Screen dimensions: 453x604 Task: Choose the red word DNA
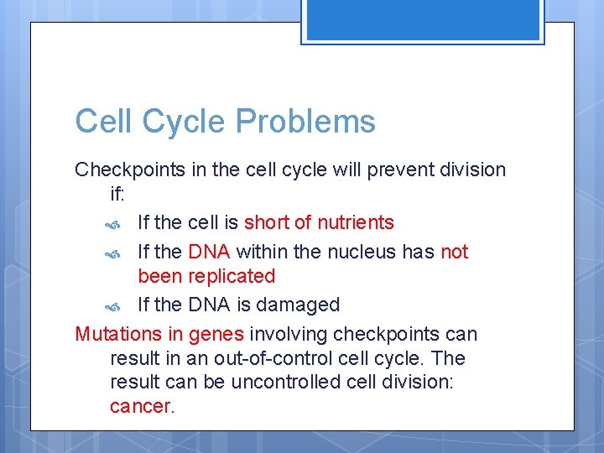[x=210, y=252]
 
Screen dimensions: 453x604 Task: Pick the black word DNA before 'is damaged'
[x=210, y=305]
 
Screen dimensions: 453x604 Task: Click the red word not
[x=454, y=252]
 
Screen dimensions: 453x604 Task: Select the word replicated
[x=232, y=276]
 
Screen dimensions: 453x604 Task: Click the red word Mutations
[x=116, y=334]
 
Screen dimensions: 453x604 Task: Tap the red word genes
[x=216, y=334]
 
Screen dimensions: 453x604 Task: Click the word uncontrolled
[x=250, y=383]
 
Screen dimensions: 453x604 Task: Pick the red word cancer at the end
[x=142, y=407]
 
